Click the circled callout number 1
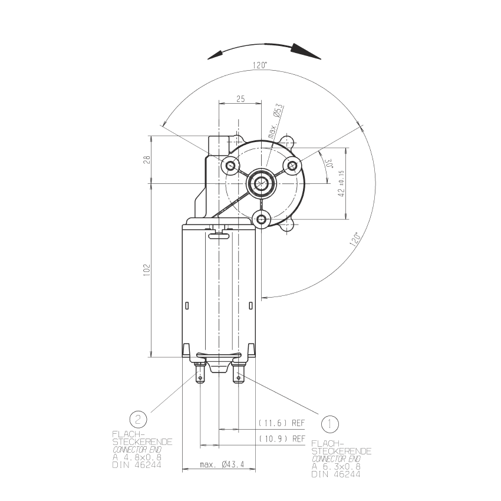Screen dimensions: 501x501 click(x=329, y=424)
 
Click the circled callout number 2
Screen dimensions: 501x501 click(x=139, y=419)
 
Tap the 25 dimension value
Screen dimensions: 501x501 click(x=240, y=99)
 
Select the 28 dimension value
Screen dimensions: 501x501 click(x=147, y=160)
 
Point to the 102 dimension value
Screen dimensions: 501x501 click(x=147, y=270)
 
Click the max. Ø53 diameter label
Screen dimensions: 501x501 click(x=275, y=121)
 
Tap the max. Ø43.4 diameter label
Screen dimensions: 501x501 click(x=222, y=464)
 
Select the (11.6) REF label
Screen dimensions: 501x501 click(x=282, y=423)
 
